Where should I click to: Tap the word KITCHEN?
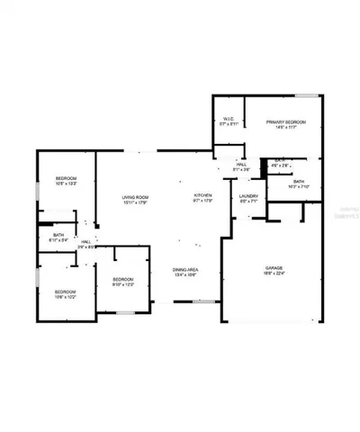pos(202,195)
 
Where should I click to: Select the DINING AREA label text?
pos(186,270)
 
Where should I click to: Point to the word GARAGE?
pos(274,269)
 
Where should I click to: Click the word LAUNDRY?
pos(249,196)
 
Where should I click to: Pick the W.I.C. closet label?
pos(228,119)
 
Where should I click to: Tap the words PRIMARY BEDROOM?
pos(286,121)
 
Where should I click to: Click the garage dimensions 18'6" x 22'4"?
pos(274,275)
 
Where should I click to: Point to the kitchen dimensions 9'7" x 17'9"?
pos(202,201)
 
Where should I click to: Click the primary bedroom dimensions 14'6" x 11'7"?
pos(286,127)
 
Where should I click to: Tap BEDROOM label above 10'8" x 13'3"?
pos(65,178)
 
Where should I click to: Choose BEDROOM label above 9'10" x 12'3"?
pos(123,280)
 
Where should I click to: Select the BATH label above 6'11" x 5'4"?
pos(58,236)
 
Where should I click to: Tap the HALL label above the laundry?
pos(241,165)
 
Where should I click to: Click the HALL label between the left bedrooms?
pos(86,241)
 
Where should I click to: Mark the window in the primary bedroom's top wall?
pos(309,95)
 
